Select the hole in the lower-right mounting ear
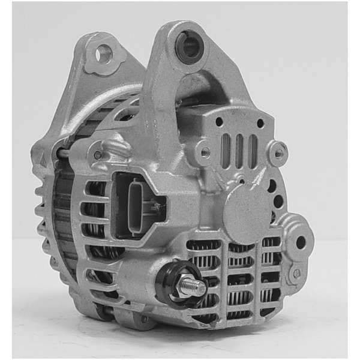pos(301,242)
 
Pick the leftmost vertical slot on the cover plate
pos(226,151)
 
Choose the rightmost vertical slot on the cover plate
pos(253,151)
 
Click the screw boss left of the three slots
pos(205,152)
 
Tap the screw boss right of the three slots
pos(277,153)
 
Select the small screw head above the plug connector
pos(98,155)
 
